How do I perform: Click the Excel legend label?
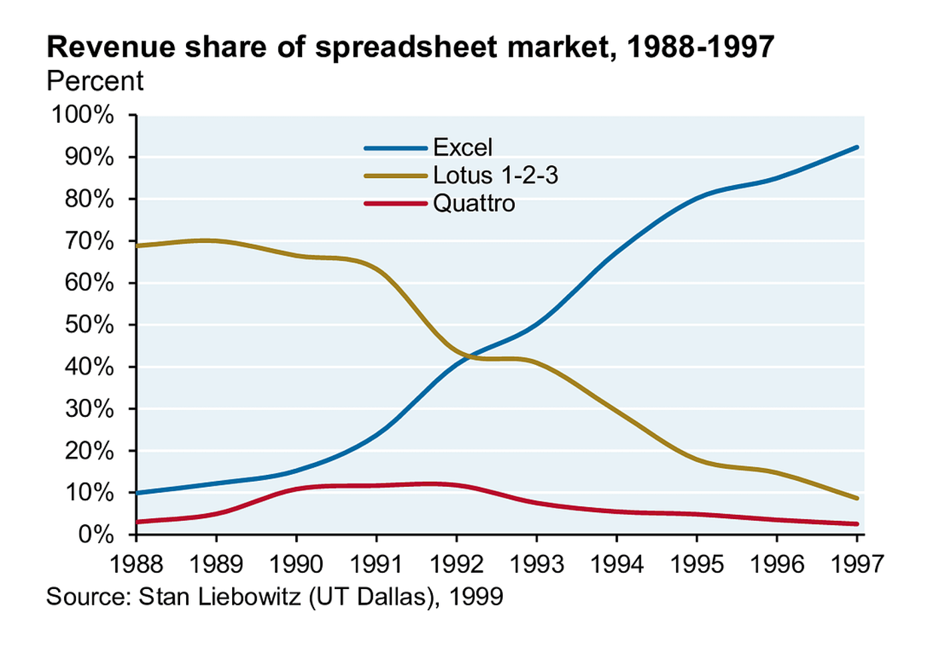point(462,147)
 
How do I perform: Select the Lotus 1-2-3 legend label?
point(496,175)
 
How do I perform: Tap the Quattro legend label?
point(474,203)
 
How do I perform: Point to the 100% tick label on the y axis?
point(83,115)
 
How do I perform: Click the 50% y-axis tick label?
point(89,325)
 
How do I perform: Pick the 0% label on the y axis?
point(96,536)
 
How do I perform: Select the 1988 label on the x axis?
point(136,564)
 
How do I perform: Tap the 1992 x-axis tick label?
point(457,564)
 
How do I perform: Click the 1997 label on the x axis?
point(857,564)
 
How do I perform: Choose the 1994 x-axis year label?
point(617,564)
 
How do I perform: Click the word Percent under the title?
point(95,81)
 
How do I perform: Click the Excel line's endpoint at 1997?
point(857,147)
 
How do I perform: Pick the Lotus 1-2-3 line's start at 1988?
point(137,246)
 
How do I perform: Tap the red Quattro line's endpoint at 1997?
point(857,524)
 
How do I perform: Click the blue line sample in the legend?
point(395,148)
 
